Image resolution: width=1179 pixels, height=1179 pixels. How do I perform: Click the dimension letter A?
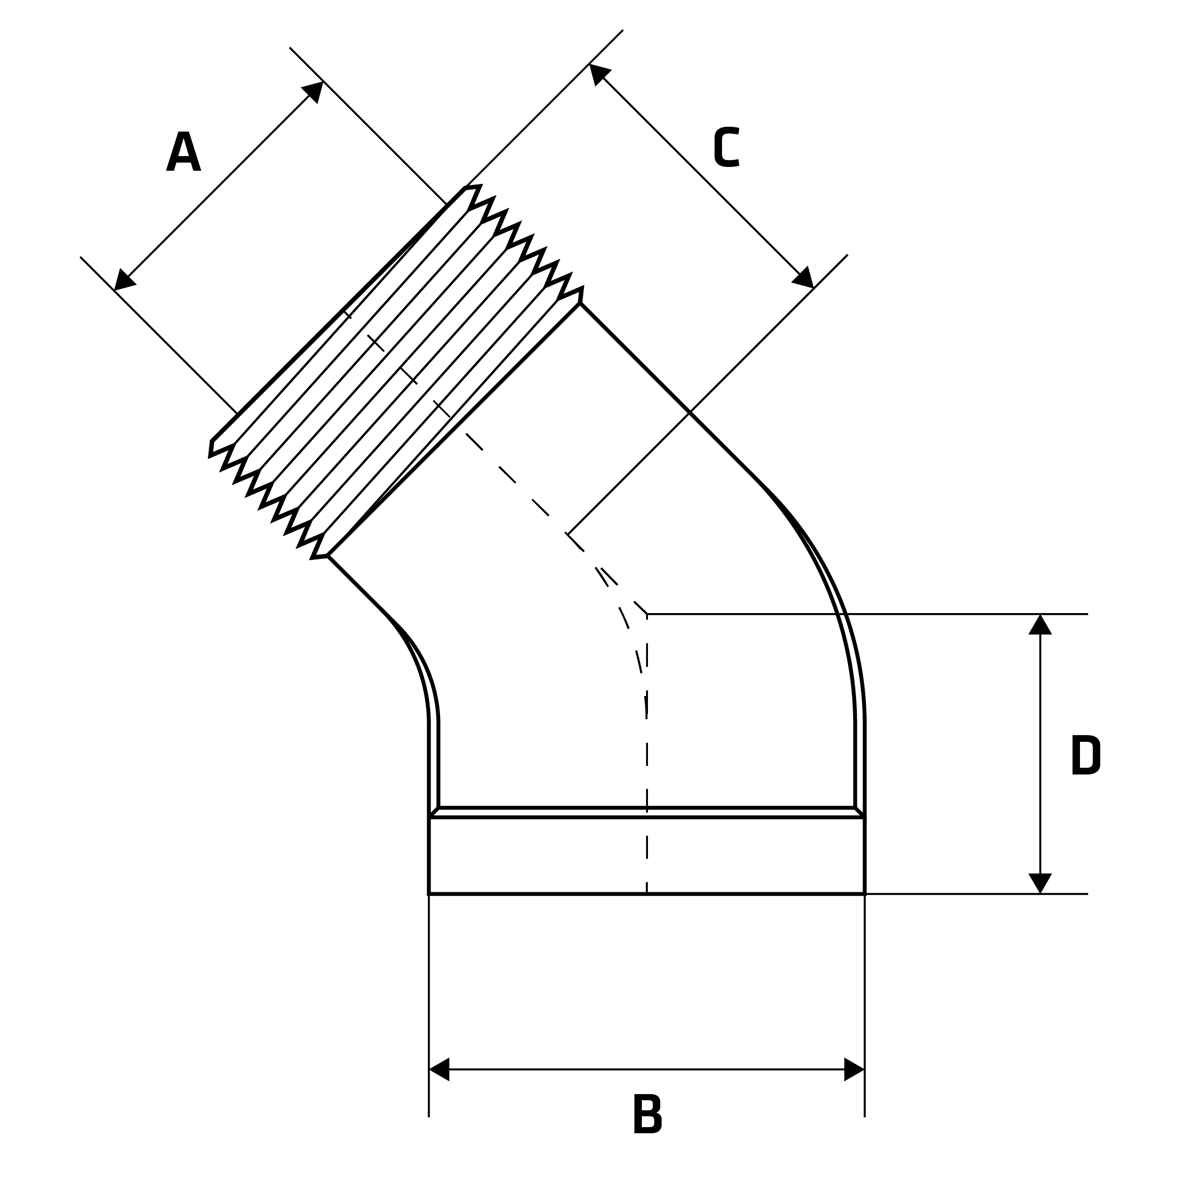pyautogui.click(x=183, y=151)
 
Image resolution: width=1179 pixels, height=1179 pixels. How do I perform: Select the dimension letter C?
pyautogui.click(x=727, y=147)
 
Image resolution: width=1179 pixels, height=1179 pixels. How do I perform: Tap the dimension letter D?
pyautogui.click(x=1086, y=755)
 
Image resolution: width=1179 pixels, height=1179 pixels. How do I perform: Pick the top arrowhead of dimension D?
pyautogui.click(x=1040, y=625)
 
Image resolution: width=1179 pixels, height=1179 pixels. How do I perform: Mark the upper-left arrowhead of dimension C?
pyautogui.click(x=598, y=73)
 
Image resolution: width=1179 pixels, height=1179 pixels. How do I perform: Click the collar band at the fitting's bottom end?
pyautogui.click(x=647, y=855)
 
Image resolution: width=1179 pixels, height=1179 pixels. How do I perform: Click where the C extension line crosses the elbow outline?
pyautogui.click(x=689, y=413)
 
